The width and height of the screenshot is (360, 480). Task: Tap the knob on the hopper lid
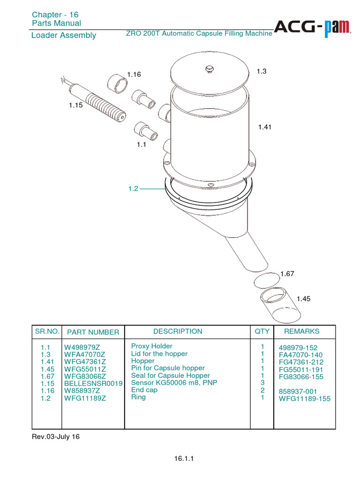pyautogui.click(x=209, y=69)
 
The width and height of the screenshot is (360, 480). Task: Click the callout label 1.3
pyautogui.click(x=262, y=71)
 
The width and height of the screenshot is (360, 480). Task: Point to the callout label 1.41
pyautogui.click(x=265, y=127)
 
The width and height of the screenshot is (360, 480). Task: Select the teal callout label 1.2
pyautogui.click(x=133, y=188)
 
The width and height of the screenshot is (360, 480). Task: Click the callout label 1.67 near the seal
pyautogui.click(x=287, y=274)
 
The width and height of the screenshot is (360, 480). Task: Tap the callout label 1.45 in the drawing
pyautogui.click(x=303, y=299)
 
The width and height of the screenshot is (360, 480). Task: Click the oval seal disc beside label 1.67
pyautogui.click(x=266, y=281)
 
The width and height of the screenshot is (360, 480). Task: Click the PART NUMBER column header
pyautogui.click(x=93, y=332)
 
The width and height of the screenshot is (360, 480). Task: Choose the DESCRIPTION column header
pyautogui.click(x=178, y=331)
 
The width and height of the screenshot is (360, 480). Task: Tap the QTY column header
pyautogui.click(x=262, y=331)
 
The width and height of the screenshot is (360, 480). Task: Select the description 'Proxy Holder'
pyautogui.click(x=152, y=346)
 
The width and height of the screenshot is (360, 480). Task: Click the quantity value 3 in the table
pyautogui.click(x=263, y=383)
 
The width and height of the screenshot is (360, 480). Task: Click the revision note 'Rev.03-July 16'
pyautogui.click(x=56, y=436)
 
